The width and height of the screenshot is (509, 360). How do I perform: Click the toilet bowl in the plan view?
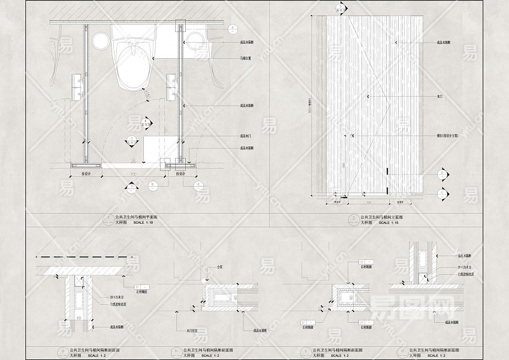click(133, 65)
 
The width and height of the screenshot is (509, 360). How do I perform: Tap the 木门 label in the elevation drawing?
click(439, 95)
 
